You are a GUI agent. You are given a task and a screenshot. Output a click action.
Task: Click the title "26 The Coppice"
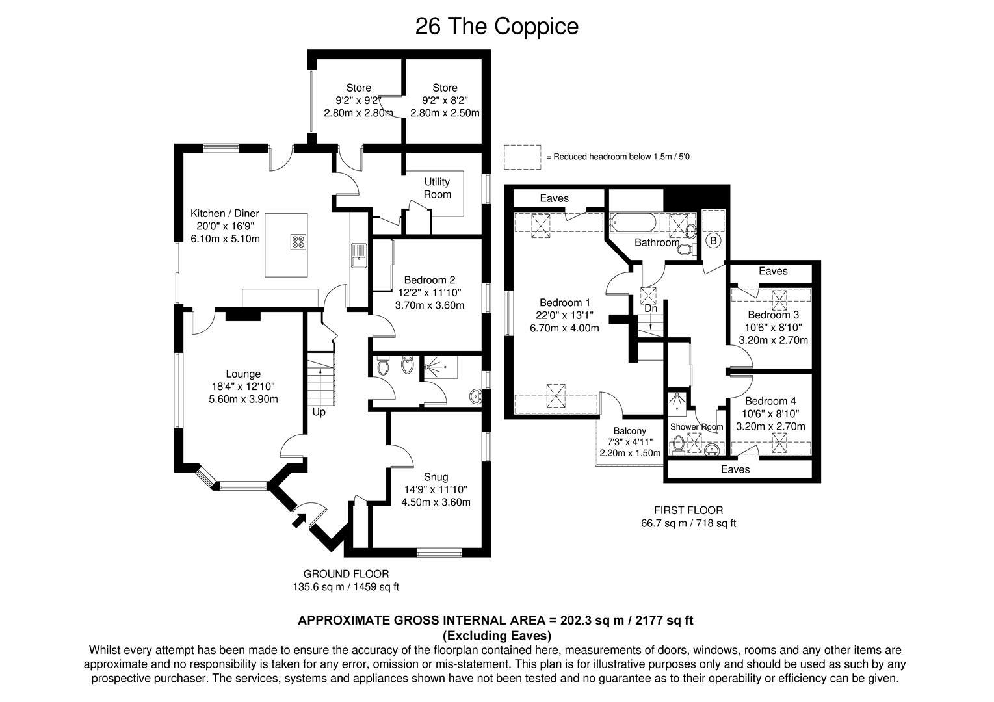pos(497,27)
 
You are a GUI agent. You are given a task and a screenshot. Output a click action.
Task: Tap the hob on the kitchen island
pos(298,242)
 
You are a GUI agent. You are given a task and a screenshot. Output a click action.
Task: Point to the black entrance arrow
pos(299,519)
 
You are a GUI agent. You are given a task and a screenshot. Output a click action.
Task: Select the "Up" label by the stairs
pos(319,412)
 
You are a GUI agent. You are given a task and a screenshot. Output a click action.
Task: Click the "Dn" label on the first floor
pos(650,308)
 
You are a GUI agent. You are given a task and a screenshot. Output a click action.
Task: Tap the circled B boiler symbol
pos(713,240)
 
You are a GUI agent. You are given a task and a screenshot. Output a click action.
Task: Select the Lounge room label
pos(243,374)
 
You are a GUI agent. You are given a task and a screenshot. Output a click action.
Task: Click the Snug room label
pos(436,476)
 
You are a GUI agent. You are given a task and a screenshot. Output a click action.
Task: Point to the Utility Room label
pos(437,188)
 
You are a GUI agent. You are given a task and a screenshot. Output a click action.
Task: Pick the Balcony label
pos(629,430)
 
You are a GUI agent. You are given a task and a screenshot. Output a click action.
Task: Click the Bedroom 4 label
pos(770,401)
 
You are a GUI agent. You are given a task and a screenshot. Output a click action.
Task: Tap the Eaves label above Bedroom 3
pos(772,271)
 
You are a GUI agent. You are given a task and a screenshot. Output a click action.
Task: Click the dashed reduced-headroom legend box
pos(522,157)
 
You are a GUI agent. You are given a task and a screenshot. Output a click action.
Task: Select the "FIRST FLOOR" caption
pos(688,510)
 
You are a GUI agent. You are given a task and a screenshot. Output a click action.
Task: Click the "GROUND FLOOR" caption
pos(346,573)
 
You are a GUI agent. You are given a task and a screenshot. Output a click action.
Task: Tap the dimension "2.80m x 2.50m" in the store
pos(445,112)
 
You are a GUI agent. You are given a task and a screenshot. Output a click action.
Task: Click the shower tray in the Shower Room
pos(677,405)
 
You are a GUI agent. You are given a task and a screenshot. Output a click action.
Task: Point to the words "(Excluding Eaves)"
pos(497,635)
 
